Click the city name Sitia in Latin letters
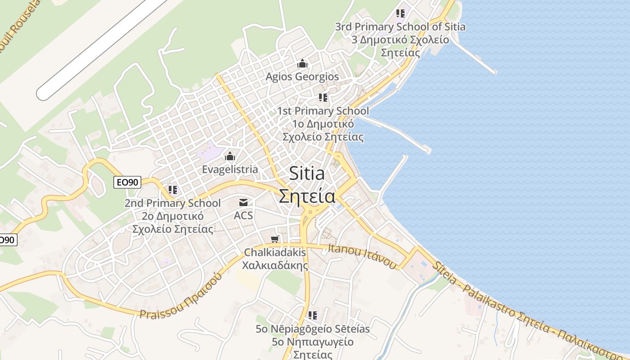[307, 173]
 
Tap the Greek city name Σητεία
[307, 196]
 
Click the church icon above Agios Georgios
[302, 63]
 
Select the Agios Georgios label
[302, 76]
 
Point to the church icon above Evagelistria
[230, 156]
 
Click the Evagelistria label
[230, 169]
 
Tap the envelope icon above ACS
[243, 202]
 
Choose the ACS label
[243, 216]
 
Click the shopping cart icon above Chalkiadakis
[275, 239]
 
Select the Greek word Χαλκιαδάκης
[275, 265]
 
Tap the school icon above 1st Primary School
[323, 97]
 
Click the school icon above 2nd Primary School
[173, 190]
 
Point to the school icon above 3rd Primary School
[400, 13]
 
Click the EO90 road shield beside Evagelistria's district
[128, 182]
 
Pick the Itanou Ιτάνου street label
[362, 256]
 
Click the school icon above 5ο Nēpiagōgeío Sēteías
[313, 315]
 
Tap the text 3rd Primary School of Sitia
[400, 27]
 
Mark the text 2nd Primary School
[173, 203]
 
